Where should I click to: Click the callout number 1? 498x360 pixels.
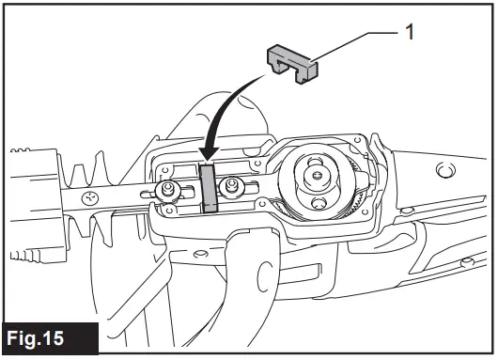(x=410, y=31)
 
